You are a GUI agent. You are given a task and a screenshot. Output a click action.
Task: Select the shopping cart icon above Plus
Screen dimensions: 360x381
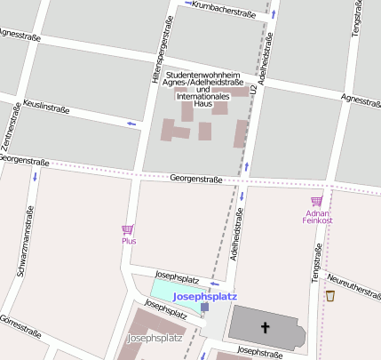[128, 229]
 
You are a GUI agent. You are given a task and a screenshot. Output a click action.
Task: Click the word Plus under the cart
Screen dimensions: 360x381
[129, 241]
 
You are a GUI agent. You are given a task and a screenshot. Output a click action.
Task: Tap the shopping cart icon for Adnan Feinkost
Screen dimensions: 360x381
[316, 201]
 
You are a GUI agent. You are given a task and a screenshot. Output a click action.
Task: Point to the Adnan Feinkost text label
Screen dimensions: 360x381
[316, 216]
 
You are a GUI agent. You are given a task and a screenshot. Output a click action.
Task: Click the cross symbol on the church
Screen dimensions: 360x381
[264, 328]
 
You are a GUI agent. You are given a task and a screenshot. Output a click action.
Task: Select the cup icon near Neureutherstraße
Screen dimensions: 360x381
[330, 295]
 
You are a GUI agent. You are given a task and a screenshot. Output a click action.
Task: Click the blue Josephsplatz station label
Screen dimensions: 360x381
[205, 296]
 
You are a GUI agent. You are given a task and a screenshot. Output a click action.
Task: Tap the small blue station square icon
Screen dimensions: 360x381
[205, 307]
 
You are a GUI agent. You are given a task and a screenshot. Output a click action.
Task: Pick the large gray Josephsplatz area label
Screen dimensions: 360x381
[155, 339]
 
